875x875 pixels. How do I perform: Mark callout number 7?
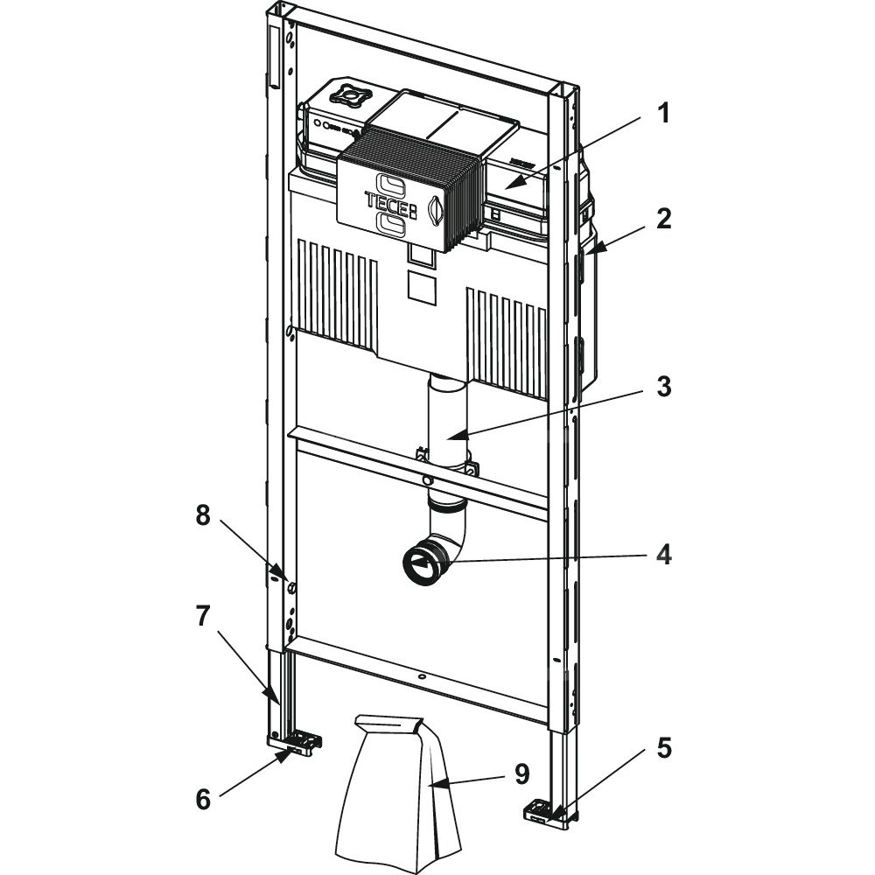203,616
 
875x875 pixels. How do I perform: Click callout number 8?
203,515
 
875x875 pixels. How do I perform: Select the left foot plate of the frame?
297,744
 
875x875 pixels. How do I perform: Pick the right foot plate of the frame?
543,811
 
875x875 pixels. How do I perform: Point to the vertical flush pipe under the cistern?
447,420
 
